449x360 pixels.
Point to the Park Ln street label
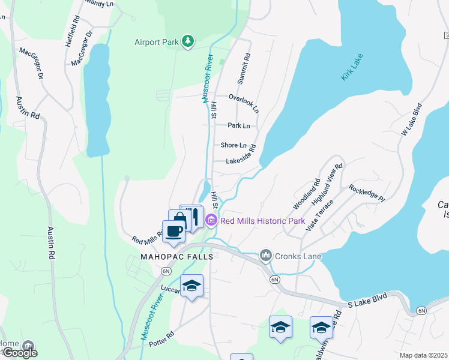point(238,125)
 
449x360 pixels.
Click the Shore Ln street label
point(234,145)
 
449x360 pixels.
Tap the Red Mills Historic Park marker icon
point(211,221)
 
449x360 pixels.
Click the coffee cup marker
point(173,231)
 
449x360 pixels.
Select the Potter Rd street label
point(161,332)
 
